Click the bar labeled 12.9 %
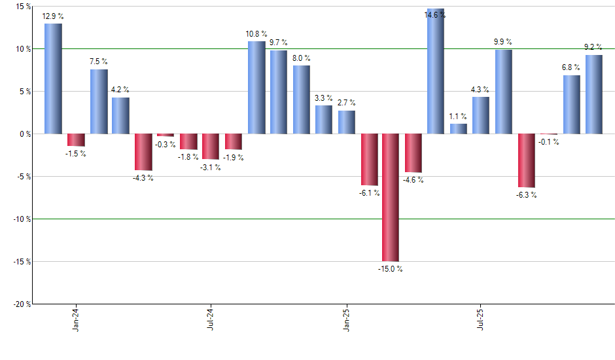click(x=53, y=79)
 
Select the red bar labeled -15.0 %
click(x=391, y=197)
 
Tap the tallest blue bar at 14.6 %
click(x=436, y=71)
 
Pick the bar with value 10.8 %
click(x=256, y=88)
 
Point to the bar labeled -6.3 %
click(x=526, y=160)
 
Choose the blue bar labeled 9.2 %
click(x=594, y=94)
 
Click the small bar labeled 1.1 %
click(x=458, y=129)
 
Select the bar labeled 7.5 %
click(x=99, y=101)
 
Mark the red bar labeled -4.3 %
click(x=143, y=152)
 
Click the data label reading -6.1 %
click(x=369, y=192)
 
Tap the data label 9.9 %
click(x=503, y=43)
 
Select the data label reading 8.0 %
click(x=301, y=58)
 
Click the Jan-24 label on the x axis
click(x=76, y=319)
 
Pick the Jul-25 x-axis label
click(x=481, y=319)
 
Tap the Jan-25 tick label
click(x=346, y=319)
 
